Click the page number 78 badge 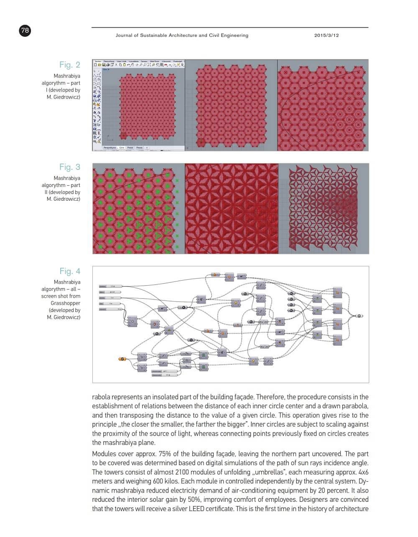pos(25,30)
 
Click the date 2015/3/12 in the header pos(326,36)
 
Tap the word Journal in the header pos(125,36)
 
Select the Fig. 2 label pos(69,65)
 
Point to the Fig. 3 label pos(69,167)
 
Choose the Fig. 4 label pos(69,271)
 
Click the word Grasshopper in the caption pos(65,303)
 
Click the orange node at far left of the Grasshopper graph pos(122,358)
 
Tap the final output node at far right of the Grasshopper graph pos(359,316)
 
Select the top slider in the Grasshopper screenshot pos(110,286)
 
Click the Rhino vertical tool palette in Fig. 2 pos(97,105)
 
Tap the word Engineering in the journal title pos(233,36)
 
